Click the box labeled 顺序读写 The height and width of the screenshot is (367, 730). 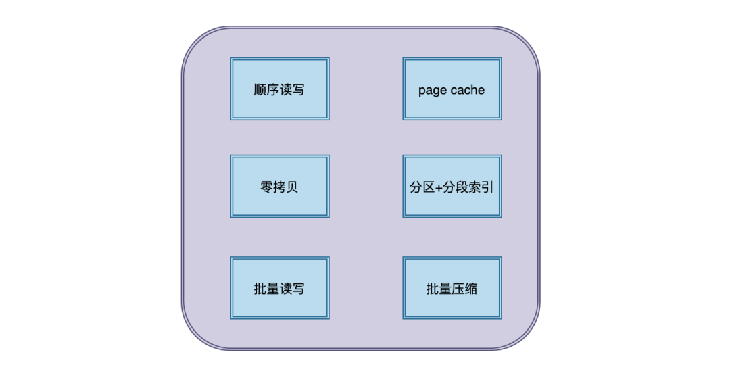(x=280, y=89)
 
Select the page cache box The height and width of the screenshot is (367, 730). (x=452, y=89)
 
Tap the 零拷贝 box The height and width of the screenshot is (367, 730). (x=280, y=187)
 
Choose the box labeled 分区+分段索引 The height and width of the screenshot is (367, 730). (x=452, y=187)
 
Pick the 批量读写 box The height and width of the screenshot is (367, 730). (x=280, y=288)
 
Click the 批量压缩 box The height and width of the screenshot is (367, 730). (x=452, y=288)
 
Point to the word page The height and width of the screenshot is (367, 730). (x=432, y=91)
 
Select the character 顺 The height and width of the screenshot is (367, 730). (x=260, y=89)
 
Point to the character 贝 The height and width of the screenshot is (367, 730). (x=293, y=187)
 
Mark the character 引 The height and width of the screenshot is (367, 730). (x=487, y=187)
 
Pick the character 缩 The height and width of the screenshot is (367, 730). (x=471, y=289)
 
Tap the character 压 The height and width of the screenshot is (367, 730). (x=458, y=289)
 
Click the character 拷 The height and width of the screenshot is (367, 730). (x=279, y=187)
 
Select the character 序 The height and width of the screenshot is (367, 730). (x=273, y=89)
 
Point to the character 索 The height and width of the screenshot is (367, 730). (x=475, y=187)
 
